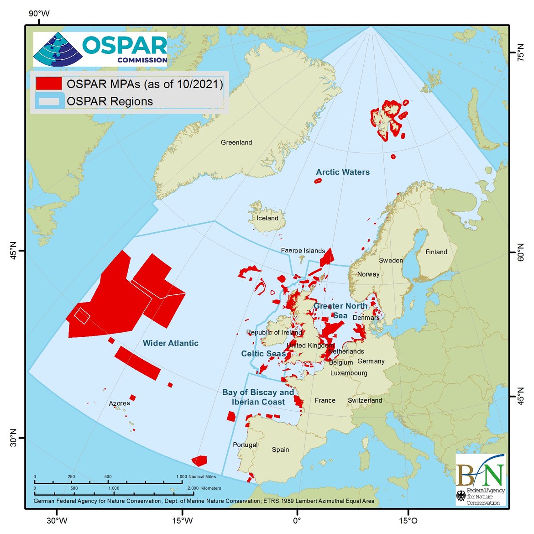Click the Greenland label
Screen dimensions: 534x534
pyautogui.click(x=236, y=142)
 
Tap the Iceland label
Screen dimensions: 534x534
pyautogui.click(x=267, y=218)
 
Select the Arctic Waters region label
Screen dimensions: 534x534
pyautogui.click(x=343, y=172)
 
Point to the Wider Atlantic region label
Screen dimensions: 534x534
pyautogui.click(x=170, y=343)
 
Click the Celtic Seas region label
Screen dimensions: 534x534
pyautogui.click(x=263, y=354)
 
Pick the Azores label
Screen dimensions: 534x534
pyautogui.click(x=119, y=403)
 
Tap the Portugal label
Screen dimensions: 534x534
pyautogui.click(x=245, y=445)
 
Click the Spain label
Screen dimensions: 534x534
pyautogui.click(x=280, y=450)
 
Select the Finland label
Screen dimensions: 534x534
pyautogui.click(x=436, y=252)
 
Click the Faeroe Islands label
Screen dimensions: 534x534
pyautogui.click(x=303, y=251)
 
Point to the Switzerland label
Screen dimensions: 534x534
pyautogui.click(x=365, y=400)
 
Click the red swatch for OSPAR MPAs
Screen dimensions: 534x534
pyautogui.click(x=49, y=84)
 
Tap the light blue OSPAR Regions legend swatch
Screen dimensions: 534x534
pyautogui.click(x=49, y=101)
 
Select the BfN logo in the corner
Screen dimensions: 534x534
pyautogui.click(x=481, y=479)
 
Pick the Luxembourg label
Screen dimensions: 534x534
pyautogui.click(x=349, y=373)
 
